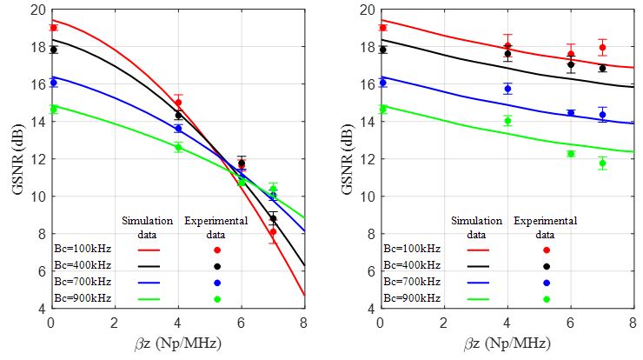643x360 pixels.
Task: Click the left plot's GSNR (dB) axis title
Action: tap(15, 159)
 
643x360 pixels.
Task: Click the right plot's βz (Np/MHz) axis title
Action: tap(511, 343)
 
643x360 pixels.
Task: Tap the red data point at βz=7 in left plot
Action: tap(272, 232)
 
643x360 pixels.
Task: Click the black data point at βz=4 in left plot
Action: tap(178, 116)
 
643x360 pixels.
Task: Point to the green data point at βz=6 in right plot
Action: tap(571, 154)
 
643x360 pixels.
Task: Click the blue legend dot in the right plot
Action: tap(547, 283)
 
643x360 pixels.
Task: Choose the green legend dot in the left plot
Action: tap(217, 299)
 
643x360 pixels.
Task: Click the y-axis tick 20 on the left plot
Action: tap(34, 10)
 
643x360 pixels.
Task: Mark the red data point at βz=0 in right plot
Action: tap(382, 28)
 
